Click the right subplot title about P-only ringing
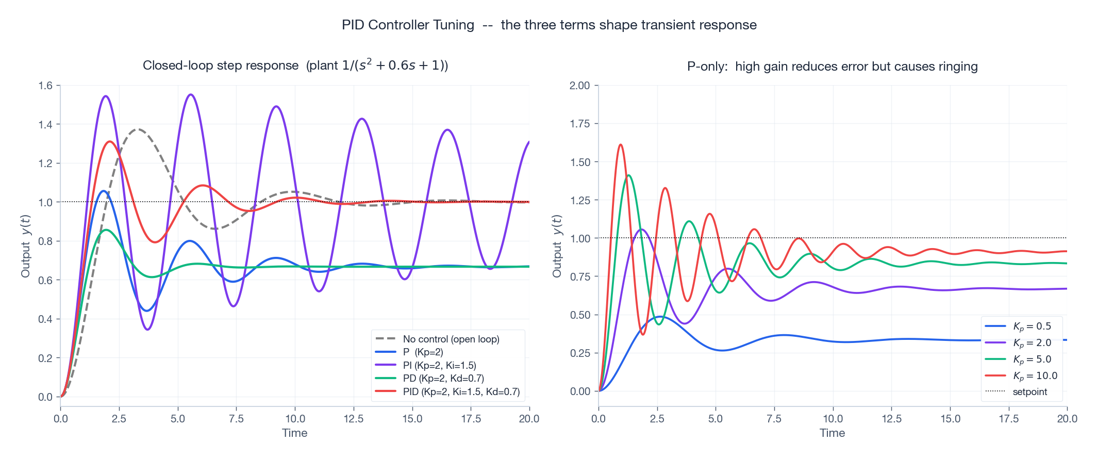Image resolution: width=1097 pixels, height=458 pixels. tap(832, 67)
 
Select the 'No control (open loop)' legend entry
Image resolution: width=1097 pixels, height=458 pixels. tap(451, 339)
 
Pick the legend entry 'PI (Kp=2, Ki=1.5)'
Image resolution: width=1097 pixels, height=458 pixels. tap(439, 365)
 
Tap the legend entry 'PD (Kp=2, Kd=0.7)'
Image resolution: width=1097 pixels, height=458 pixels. tap(443, 378)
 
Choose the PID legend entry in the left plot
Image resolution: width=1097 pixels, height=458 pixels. tap(461, 391)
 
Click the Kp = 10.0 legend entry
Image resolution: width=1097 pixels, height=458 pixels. tap(1035, 375)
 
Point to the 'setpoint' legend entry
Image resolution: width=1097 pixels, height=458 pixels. tap(1029, 391)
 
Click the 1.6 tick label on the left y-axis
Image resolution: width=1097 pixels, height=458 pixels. tap(45, 86)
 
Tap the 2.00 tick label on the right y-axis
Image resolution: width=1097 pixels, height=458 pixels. tap(579, 86)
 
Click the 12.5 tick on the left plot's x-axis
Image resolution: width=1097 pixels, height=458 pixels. tap(354, 418)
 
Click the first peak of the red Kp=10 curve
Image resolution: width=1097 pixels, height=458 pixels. tap(621, 145)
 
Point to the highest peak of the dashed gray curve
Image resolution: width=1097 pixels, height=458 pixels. tap(138, 129)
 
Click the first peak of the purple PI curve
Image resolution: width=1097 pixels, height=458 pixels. tap(106, 96)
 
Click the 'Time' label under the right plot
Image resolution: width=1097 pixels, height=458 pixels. tap(832, 433)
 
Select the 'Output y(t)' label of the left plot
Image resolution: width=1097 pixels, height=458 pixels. tap(26, 246)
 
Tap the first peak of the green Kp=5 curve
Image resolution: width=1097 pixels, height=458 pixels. tap(629, 175)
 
